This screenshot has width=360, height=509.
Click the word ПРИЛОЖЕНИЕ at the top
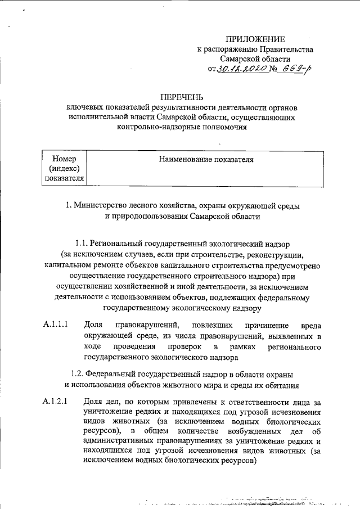[x=255, y=39]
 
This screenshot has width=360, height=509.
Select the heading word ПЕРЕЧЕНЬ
[x=180, y=97]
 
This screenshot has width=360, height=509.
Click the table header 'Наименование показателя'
[x=206, y=160]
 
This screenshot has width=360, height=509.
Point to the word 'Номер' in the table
[x=64, y=159]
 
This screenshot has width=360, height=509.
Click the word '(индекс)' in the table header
[x=64, y=169]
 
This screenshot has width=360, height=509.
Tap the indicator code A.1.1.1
[x=56, y=325]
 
